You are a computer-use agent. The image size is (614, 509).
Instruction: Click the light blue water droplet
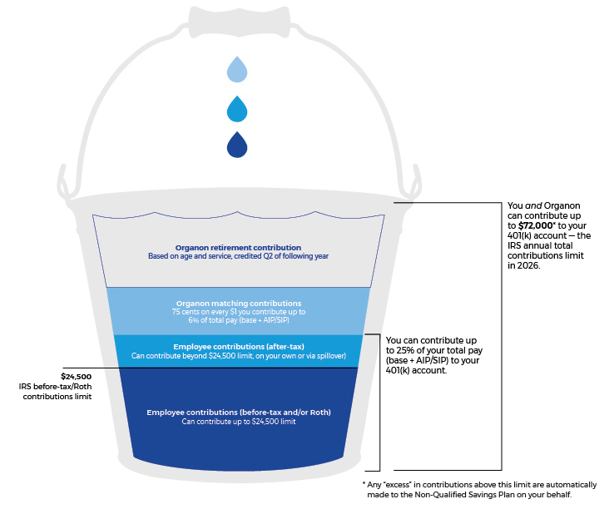click(x=238, y=69)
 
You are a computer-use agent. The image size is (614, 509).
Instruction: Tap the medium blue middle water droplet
click(x=238, y=107)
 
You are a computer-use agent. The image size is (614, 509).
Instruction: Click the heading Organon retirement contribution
click(x=238, y=247)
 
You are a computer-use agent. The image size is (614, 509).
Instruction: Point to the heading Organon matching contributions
click(x=238, y=303)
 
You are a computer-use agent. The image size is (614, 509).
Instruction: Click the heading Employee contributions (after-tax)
click(x=238, y=346)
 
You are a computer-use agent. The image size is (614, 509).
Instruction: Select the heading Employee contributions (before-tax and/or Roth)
click(x=238, y=412)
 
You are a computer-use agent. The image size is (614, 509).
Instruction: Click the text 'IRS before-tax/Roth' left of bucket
click(x=56, y=387)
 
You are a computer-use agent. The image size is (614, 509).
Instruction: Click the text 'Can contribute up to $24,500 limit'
click(x=238, y=422)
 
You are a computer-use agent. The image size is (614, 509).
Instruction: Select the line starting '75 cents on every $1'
click(x=238, y=312)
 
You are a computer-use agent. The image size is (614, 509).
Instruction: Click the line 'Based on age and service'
click(x=238, y=256)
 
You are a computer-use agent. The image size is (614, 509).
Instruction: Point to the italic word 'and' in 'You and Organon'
click(x=532, y=205)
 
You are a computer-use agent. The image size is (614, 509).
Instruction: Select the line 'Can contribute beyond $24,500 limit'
click(x=238, y=356)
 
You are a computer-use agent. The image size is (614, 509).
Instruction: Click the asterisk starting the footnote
click(x=364, y=484)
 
